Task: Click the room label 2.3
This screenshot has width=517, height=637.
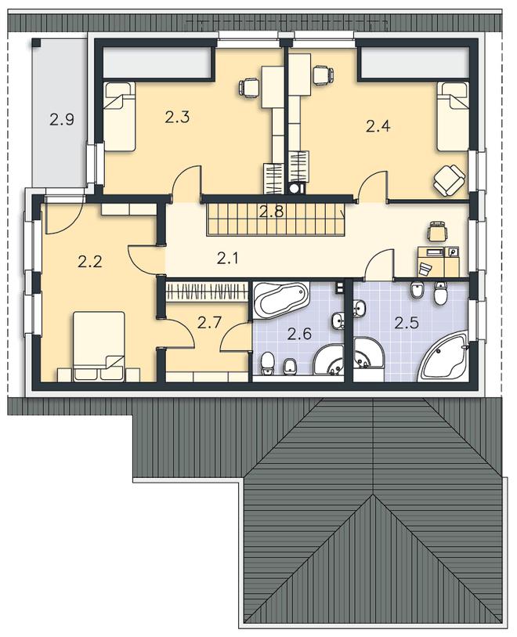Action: tap(178, 118)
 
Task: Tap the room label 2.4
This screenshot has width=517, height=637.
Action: tap(378, 126)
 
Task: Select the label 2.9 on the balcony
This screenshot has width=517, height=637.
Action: tap(62, 119)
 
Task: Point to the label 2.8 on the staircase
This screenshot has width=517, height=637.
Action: tap(272, 212)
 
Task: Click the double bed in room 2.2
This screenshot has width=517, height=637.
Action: tap(99, 346)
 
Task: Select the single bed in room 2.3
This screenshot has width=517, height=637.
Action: tap(119, 116)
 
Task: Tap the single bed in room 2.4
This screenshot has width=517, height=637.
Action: tap(453, 116)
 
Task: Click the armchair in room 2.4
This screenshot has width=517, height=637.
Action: tap(448, 179)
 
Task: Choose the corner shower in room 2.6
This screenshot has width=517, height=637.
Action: tap(329, 360)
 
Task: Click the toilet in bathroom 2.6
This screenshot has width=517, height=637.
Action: tap(267, 363)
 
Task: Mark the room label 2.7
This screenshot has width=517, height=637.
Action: tap(209, 323)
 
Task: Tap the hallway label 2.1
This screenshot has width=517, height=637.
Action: tap(227, 258)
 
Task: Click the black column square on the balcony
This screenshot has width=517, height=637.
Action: tap(36, 42)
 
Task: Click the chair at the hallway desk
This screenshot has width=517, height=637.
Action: tap(437, 231)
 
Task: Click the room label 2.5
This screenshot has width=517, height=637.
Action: tap(407, 323)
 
